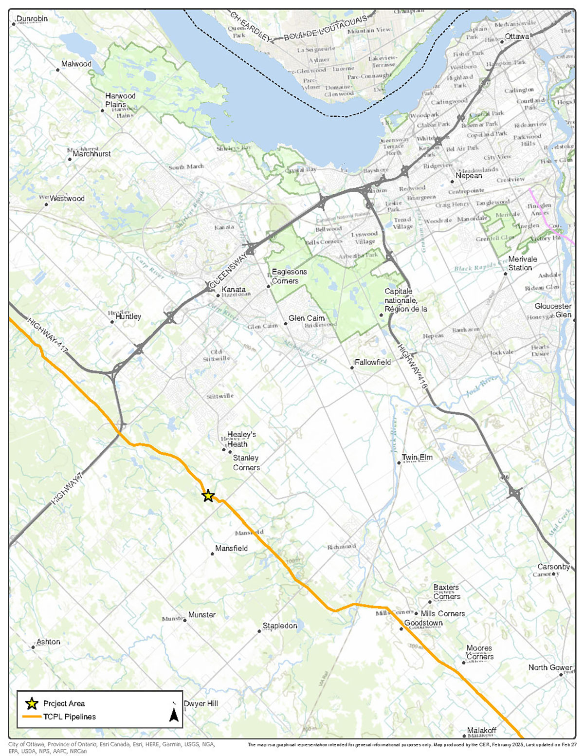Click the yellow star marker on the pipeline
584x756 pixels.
pos(208,496)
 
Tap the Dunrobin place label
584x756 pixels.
pos(32,18)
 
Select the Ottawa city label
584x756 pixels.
pos(517,37)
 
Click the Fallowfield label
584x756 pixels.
pos(373,362)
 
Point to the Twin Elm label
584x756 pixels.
pos(417,457)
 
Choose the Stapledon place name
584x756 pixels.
pos(280,626)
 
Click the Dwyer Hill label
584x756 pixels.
pos(201,703)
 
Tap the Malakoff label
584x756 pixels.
pos(482,730)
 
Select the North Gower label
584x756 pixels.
pos(550,667)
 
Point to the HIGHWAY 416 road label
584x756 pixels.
pos(412,366)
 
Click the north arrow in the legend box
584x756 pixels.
pos(174,714)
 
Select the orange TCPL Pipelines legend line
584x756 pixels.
pos(32,717)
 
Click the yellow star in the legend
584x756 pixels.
pos(32,703)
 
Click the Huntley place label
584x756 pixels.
pos(128,316)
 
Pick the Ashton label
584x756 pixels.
pos(49,642)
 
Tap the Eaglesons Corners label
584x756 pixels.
pos(289,276)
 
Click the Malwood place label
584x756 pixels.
pos(76,64)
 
